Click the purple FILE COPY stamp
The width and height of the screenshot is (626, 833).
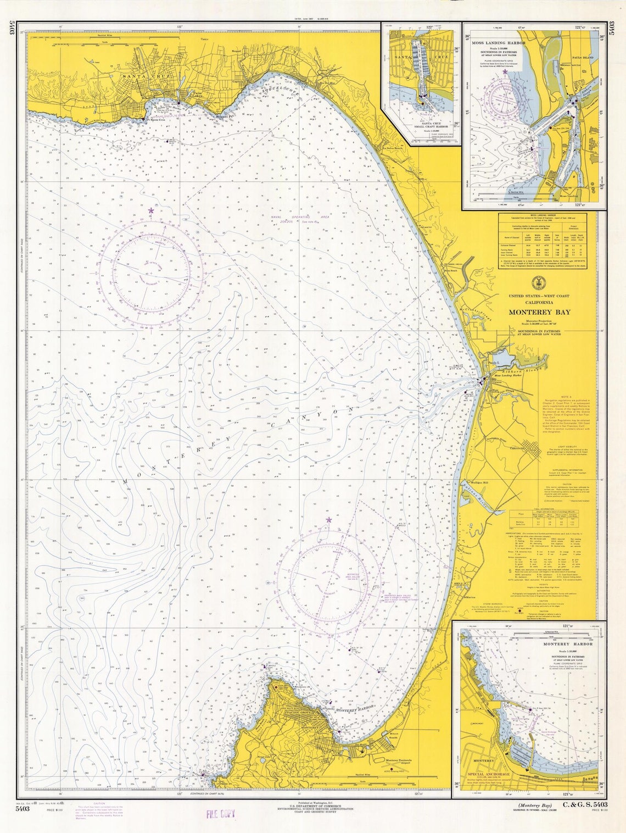pyautogui.click(x=220, y=814)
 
